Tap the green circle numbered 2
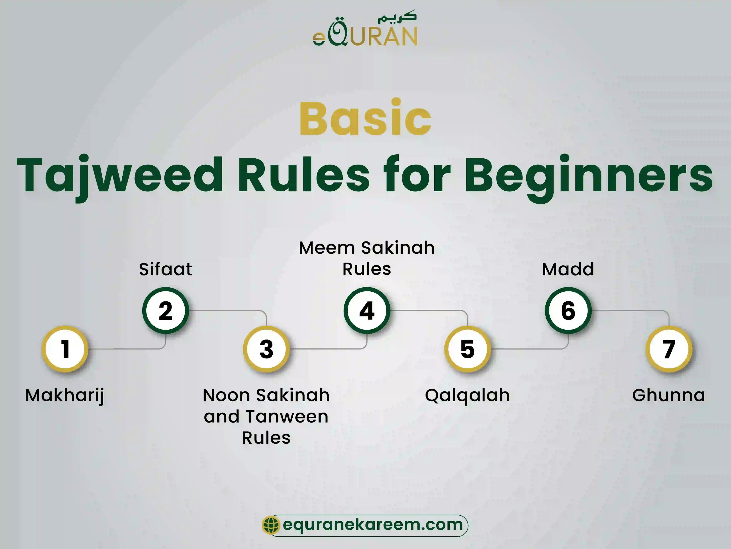(166, 310)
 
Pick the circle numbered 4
(367, 310)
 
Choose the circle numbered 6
(568, 310)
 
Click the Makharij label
(65, 395)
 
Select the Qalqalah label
(467, 395)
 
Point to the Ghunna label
(669, 395)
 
